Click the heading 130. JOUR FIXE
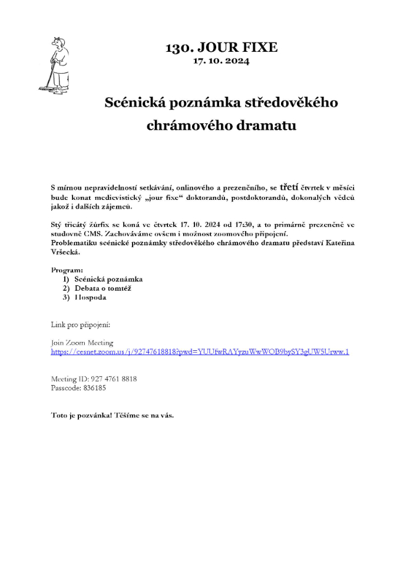click(222, 47)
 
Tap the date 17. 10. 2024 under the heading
click(221, 60)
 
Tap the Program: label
click(67, 270)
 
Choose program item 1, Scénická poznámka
click(108, 279)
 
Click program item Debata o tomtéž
click(103, 288)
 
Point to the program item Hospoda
click(90, 297)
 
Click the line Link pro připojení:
click(81, 325)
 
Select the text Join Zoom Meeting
click(82, 343)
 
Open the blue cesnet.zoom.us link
click(200, 351)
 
